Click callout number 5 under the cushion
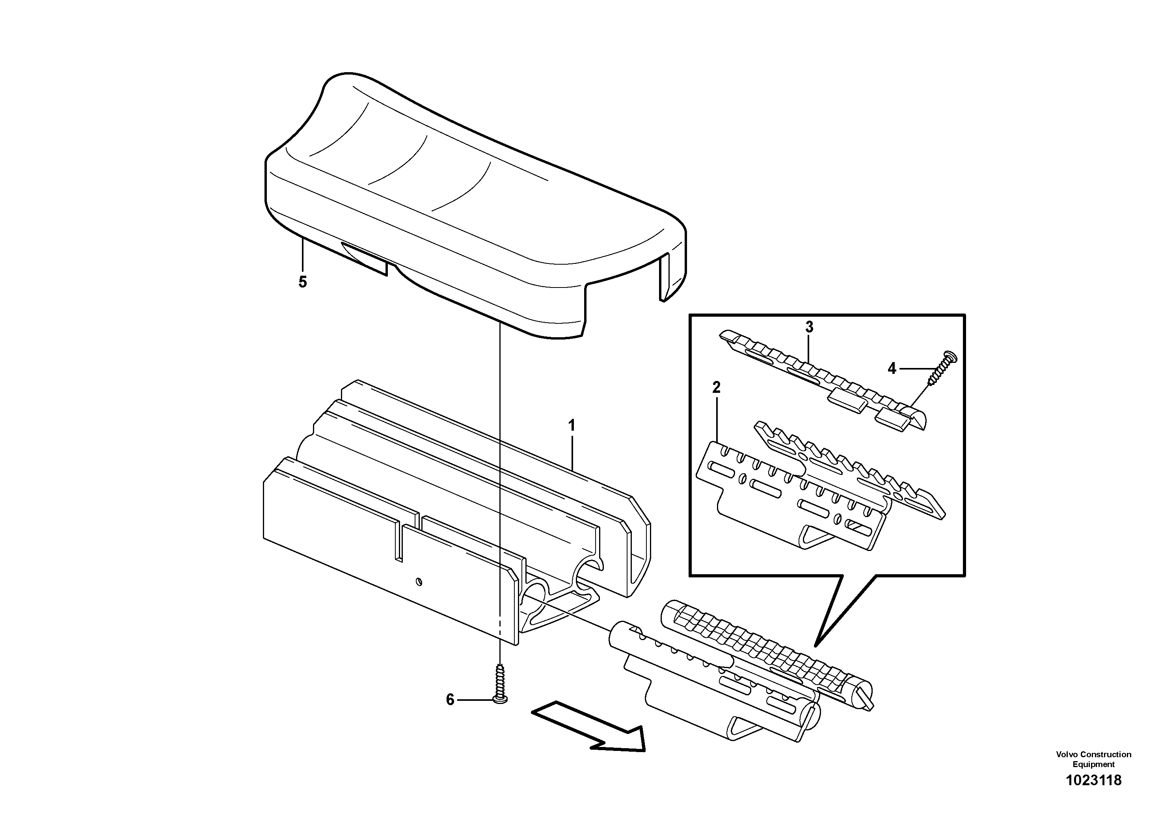click(x=302, y=282)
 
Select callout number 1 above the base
click(x=572, y=425)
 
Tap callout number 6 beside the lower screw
click(x=450, y=700)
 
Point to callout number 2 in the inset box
click(x=716, y=387)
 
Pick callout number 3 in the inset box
click(x=809, y=327)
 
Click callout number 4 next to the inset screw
click(x=892, y=368)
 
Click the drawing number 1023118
click(x=1093, y=794)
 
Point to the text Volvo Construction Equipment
click(x=1093, y=759)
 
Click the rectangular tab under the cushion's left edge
click(x=364, y=258)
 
